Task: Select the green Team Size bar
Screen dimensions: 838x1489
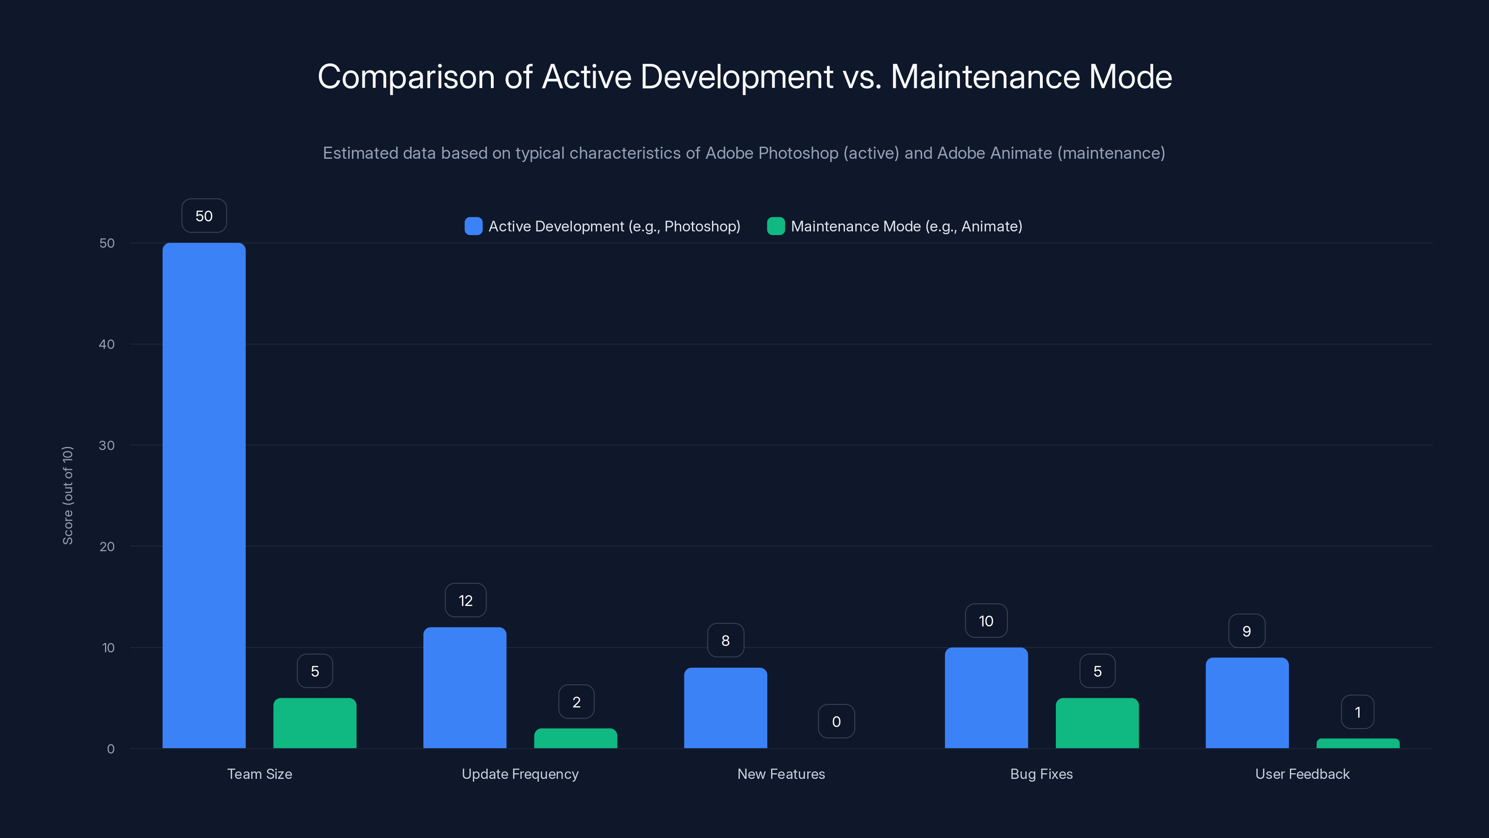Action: click(315, 723)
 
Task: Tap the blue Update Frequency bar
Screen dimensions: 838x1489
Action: click(465, 688)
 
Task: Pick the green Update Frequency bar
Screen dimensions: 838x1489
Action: click(575, 738)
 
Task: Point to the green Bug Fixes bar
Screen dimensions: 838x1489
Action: click(1097, 723)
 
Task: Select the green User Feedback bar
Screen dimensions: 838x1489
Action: click(1358, 743)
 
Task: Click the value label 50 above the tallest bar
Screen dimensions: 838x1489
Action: click(204, 216)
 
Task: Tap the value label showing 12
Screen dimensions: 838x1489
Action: click(465, 600)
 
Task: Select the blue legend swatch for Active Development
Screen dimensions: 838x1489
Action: click(473, 226)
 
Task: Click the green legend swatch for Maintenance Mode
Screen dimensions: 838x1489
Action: click(776, 226)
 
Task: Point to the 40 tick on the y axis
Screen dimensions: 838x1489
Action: click(107, 344)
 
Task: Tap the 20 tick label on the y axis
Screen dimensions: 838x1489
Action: click(107, 547)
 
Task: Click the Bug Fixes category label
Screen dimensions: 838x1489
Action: click(1041, 774)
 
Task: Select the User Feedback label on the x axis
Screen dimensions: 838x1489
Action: click(1302, 774)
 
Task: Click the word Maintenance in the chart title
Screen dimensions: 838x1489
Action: click(985, 77)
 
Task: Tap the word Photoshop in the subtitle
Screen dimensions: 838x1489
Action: click(798, 153)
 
